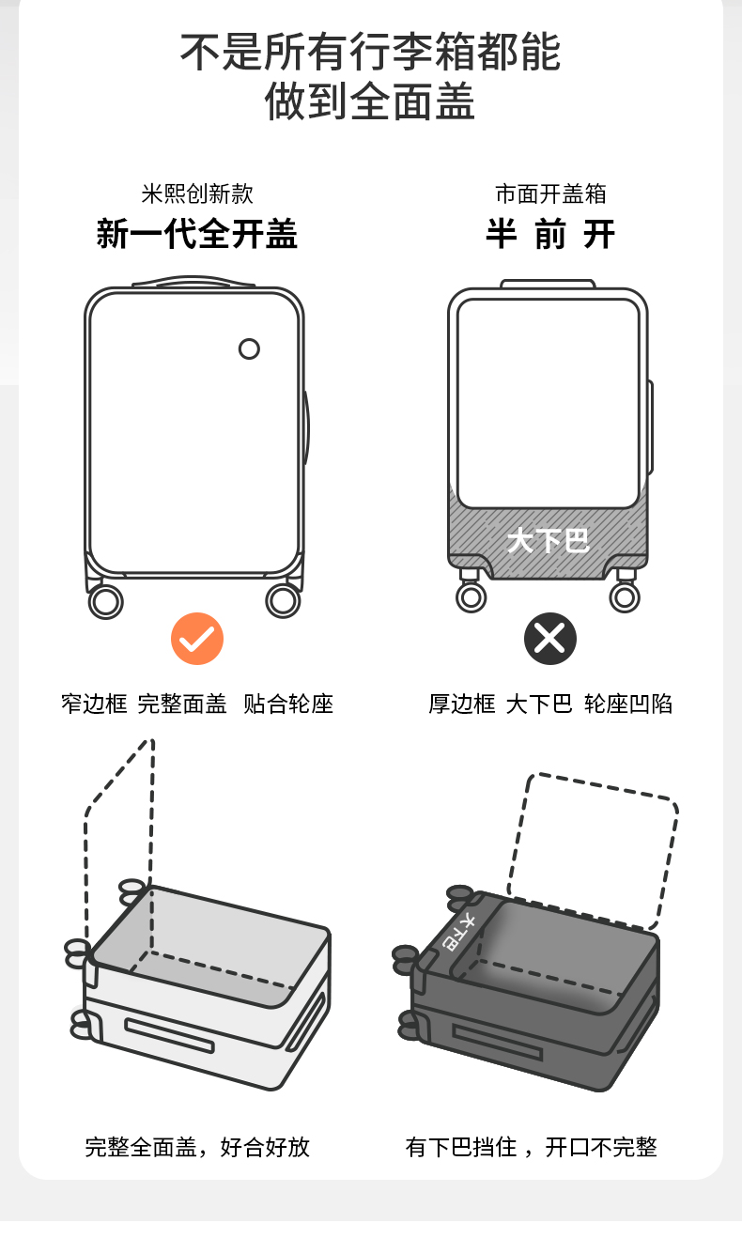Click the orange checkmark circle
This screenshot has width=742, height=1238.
pos(197,639)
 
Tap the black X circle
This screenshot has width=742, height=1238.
pos(549,639)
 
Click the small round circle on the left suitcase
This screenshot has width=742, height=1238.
pos(249,348)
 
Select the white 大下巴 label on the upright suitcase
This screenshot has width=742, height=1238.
pos(548,540)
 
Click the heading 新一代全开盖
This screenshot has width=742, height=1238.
pos(197,234)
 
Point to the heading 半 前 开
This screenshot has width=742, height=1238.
pos(549,234)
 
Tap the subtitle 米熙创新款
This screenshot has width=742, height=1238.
pos(197,193)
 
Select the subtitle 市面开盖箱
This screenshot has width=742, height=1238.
pos(550,193)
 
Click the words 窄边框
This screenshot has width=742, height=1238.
pos(94,704)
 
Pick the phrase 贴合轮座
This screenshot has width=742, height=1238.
pos(288,704)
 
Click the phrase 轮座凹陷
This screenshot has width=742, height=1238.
pos(628,704)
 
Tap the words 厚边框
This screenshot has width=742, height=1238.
pos(461,704)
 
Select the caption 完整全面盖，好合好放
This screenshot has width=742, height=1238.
pos(197,1147)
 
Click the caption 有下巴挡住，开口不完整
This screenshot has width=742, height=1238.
pos(532,1147)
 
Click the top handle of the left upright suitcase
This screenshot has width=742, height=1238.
pos(194,281)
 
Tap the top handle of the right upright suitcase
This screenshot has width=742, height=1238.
pos(548,283)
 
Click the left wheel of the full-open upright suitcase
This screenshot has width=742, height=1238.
pos(106,600)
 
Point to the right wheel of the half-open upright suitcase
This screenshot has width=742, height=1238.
pos(625,596)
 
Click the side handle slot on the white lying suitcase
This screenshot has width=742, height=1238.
pos(169,1035)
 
